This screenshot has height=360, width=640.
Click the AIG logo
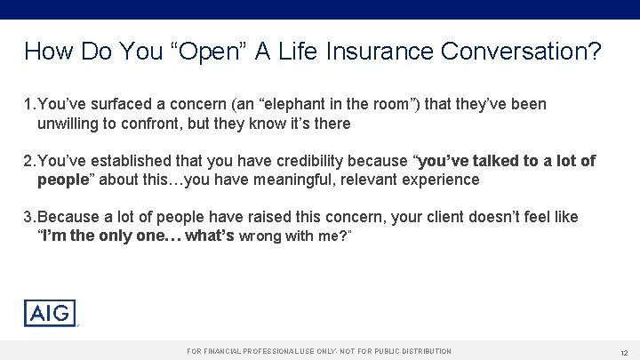pyautogui.click(x=50, y=313)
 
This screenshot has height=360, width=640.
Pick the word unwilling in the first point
pyautogui.click(x=68, y=124)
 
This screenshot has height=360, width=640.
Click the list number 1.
pyautogui.click(x=28, y=105)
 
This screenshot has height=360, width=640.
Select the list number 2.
pyautogui.click(x=28, y=161)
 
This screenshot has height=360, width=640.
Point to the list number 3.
pyautogui.click(x=28, y=217)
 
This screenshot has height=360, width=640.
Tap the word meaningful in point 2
pyautogui.click(x=268, y=180)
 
